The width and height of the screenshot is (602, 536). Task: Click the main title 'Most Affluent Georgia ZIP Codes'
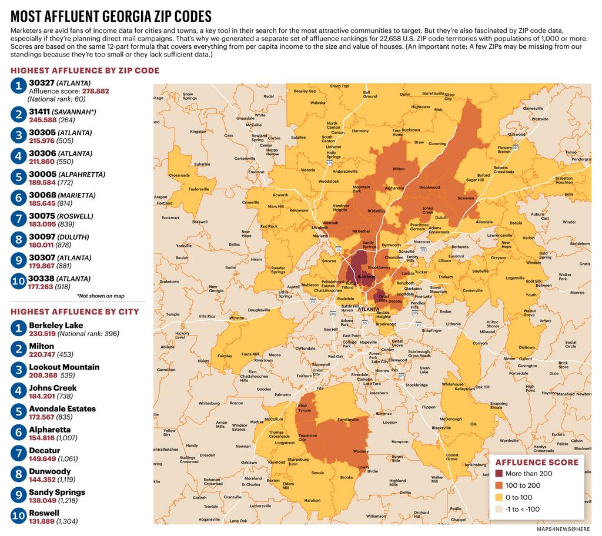111,16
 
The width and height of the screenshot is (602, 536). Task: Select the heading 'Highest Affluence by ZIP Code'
85,71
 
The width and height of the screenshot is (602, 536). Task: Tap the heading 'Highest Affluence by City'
75,311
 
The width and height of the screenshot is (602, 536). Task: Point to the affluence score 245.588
43,120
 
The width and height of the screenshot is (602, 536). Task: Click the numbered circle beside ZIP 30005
18,177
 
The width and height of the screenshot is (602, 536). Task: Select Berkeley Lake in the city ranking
56,325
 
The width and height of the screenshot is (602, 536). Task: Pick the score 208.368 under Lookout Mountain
43,375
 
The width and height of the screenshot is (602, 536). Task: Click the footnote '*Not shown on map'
101,296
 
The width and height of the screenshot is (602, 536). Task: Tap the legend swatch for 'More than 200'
500,473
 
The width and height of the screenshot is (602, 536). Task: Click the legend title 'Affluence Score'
537,462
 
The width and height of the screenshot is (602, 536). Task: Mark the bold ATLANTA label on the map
369,309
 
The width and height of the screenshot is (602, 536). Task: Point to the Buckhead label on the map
366,276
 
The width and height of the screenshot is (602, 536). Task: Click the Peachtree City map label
307,438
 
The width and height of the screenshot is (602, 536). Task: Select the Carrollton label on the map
166,370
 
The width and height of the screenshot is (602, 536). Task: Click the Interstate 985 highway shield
515,148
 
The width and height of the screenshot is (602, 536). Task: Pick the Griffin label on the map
405,493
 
